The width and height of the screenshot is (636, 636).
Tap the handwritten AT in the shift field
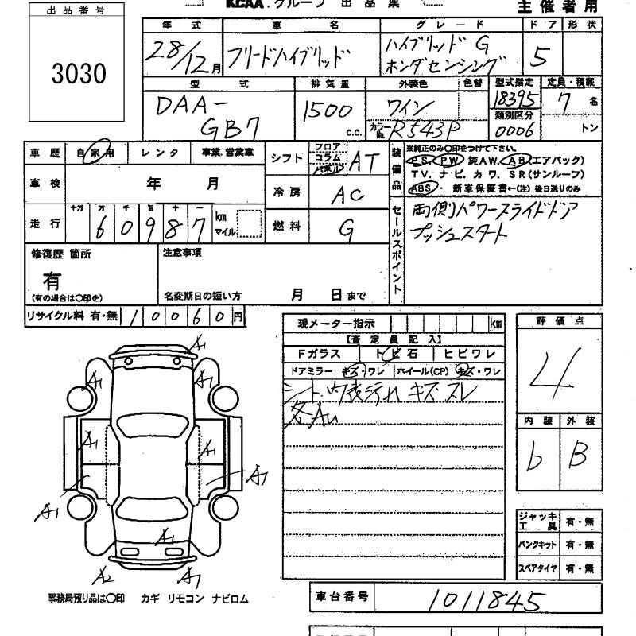coord(363,161)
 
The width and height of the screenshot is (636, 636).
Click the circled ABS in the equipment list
coord(418,188)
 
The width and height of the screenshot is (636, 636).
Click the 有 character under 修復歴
coord(51,281)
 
